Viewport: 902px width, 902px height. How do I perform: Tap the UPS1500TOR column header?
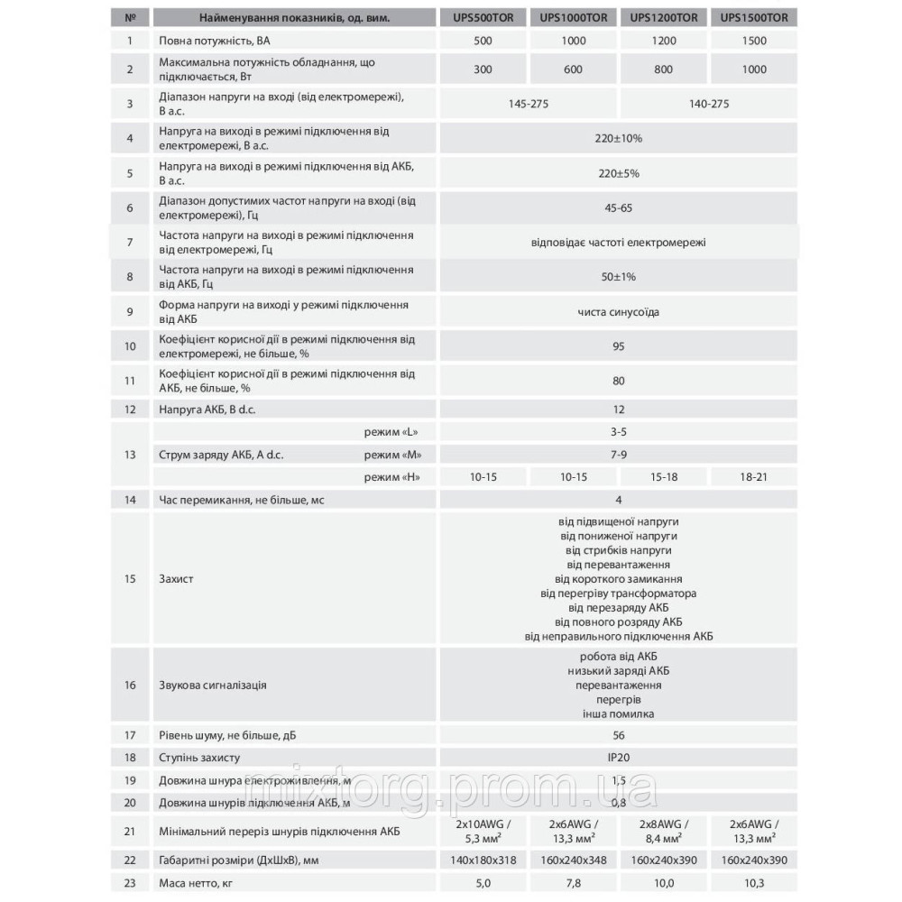[x=755, y=15]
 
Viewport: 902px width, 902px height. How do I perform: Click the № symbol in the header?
[x=130, y=15]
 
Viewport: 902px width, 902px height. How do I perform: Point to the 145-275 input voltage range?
[x=528, y=104]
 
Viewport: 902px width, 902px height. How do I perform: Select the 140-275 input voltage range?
[x=708, y=104]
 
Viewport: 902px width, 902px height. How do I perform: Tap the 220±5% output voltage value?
[x=618, y=173]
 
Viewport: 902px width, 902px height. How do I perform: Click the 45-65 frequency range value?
[x=618, y=207]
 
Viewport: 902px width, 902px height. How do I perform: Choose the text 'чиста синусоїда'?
[x=618, y=312]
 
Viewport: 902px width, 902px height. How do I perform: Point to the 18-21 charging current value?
[x=755, y=475]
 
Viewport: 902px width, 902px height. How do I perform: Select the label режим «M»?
[x=393, y=454]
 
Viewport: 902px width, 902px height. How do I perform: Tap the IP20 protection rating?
[x=618, y=758]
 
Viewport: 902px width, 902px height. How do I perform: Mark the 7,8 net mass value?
[x=573, y=885]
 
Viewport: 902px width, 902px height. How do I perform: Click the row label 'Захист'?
[x=176, y=578]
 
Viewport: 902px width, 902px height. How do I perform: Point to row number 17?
[x=130, y=735]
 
